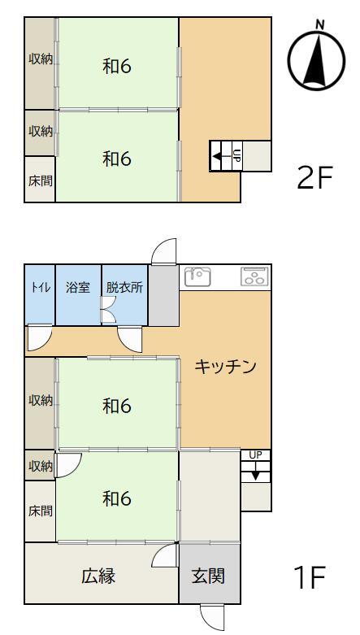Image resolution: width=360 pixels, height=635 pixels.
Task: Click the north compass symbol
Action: (316, 59)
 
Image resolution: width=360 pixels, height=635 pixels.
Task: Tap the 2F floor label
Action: (314, 178)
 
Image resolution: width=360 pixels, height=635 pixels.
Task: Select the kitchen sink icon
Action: (197, 276)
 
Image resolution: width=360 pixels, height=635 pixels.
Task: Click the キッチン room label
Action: (226, 367)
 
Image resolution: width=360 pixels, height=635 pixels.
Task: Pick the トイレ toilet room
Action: (40, 294)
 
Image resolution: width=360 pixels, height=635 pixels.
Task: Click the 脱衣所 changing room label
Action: (124, 288)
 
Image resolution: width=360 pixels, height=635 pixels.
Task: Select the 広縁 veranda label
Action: (98, 576)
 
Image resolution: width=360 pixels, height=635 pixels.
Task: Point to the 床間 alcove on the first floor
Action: (40, 511)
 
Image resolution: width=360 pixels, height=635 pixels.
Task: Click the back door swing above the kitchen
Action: (164, 252)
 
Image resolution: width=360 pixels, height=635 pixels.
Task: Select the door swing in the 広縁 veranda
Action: (165, 555)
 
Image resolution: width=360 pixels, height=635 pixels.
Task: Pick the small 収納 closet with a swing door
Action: (40, 466)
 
